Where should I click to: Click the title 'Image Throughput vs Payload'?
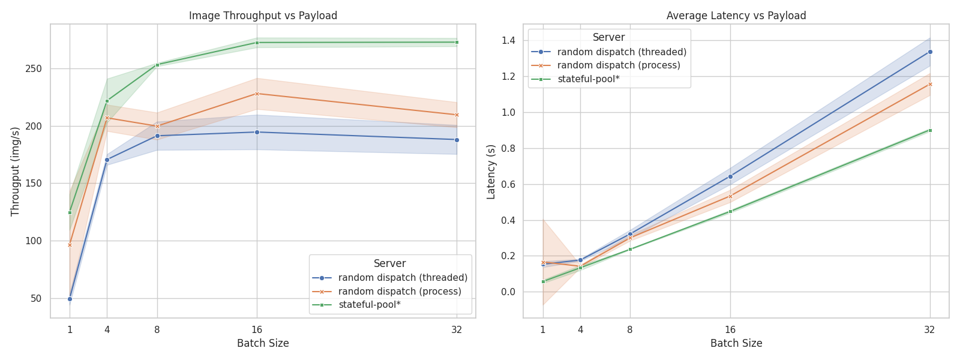pos(263,16)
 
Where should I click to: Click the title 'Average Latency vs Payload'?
pos(736,16)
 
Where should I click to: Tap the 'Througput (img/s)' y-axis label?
pos(16,171)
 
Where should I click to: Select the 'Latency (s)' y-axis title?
pos(491,171)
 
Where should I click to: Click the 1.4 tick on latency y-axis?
pos(508,40)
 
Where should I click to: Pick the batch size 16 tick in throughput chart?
pos(257,329)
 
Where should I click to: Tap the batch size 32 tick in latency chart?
pos(929,329)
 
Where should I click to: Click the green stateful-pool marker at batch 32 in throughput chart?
pos(457,42)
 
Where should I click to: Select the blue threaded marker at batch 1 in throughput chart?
pos(70,299)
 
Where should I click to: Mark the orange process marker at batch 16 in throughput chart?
pos(257,94)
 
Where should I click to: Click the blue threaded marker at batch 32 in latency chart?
pos(930,52)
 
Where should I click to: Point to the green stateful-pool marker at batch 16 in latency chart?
pos(730,211)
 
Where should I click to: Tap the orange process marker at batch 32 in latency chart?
pos(930,84)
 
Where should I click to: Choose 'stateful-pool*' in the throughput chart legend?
pos(369,305)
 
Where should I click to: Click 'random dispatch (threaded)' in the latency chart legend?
pos(622,52)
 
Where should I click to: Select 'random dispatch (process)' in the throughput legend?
pos(400,292)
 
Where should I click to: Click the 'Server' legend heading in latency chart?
pos(608,37)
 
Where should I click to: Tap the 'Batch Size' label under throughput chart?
pos(263,344)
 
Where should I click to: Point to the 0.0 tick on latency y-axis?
pos(508,292)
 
